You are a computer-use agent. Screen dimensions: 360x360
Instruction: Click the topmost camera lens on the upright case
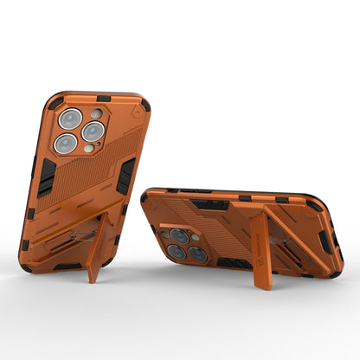coord(71,119)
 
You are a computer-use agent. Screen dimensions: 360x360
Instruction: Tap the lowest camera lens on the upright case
coord(66,144)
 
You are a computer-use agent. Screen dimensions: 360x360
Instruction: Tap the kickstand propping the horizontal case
coord(259,242)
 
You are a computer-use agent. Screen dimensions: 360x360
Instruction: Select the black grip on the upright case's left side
coord(46,177)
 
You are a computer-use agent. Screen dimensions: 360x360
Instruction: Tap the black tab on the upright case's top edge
coord(103,98)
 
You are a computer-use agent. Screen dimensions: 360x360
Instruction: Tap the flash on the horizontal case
coord(196,235)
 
